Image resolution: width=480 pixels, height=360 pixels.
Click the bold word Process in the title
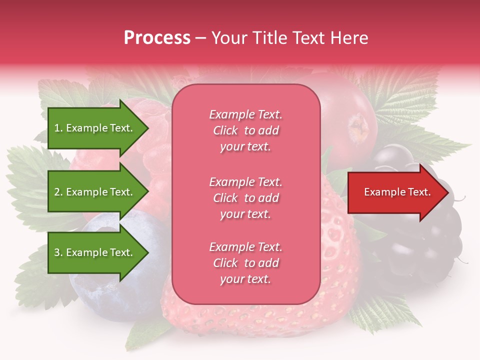(x=157, y=38)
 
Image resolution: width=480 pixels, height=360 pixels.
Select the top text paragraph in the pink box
(x=245, y=130)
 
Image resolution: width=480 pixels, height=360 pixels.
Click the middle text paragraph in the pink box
(x=245, y=198)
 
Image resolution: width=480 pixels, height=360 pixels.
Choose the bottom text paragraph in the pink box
(x=245, y=263)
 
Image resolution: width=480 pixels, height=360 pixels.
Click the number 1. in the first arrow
(x=58, y=128)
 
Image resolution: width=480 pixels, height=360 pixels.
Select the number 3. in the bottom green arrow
(x=58, y=252)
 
